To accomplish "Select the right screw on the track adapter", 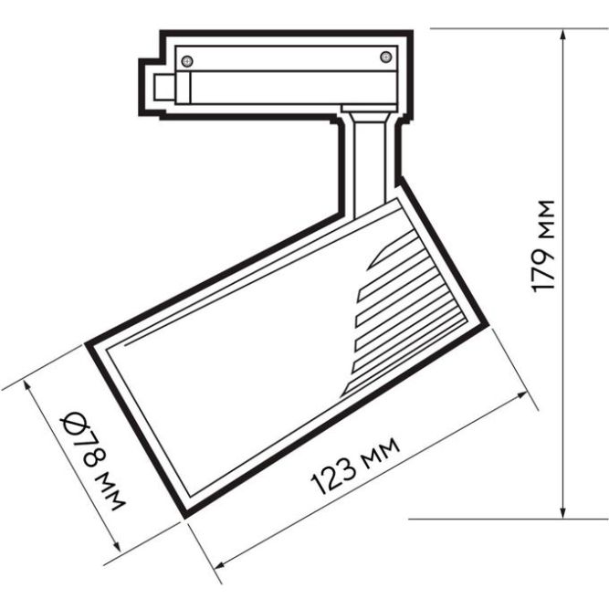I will (x=385, y=58).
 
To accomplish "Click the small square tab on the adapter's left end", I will (x=166, y=89).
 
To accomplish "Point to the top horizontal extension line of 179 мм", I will (x=493, y=28).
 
